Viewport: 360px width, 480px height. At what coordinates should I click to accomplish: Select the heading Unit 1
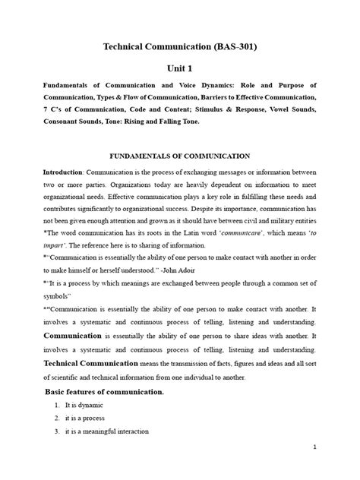coord(180,68)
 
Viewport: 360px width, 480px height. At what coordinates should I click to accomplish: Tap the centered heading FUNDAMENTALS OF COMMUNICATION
coord(180,156)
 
